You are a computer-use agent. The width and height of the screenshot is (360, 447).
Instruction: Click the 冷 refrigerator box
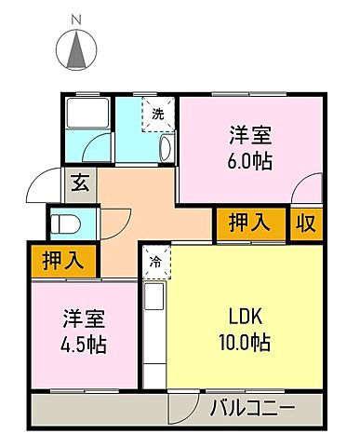pos(154,261)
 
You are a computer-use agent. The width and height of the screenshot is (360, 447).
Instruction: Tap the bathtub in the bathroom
pos(87,115)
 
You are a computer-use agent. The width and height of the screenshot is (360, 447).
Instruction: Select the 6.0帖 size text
pos(249,160)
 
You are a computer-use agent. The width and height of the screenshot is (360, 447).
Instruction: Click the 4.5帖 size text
pos(84,345)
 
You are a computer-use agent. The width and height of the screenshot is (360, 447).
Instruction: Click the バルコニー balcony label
pos(252,408)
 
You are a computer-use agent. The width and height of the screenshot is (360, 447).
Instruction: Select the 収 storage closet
pos(305,223)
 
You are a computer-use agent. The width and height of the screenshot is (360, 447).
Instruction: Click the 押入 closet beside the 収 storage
pos(251,223)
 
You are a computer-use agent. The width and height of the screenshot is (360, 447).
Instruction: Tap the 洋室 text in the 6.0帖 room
pos(249,133)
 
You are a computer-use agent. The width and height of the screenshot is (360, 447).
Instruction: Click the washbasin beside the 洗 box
pos(167,146)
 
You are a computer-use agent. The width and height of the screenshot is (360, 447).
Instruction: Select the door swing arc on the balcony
pos(181,406)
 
